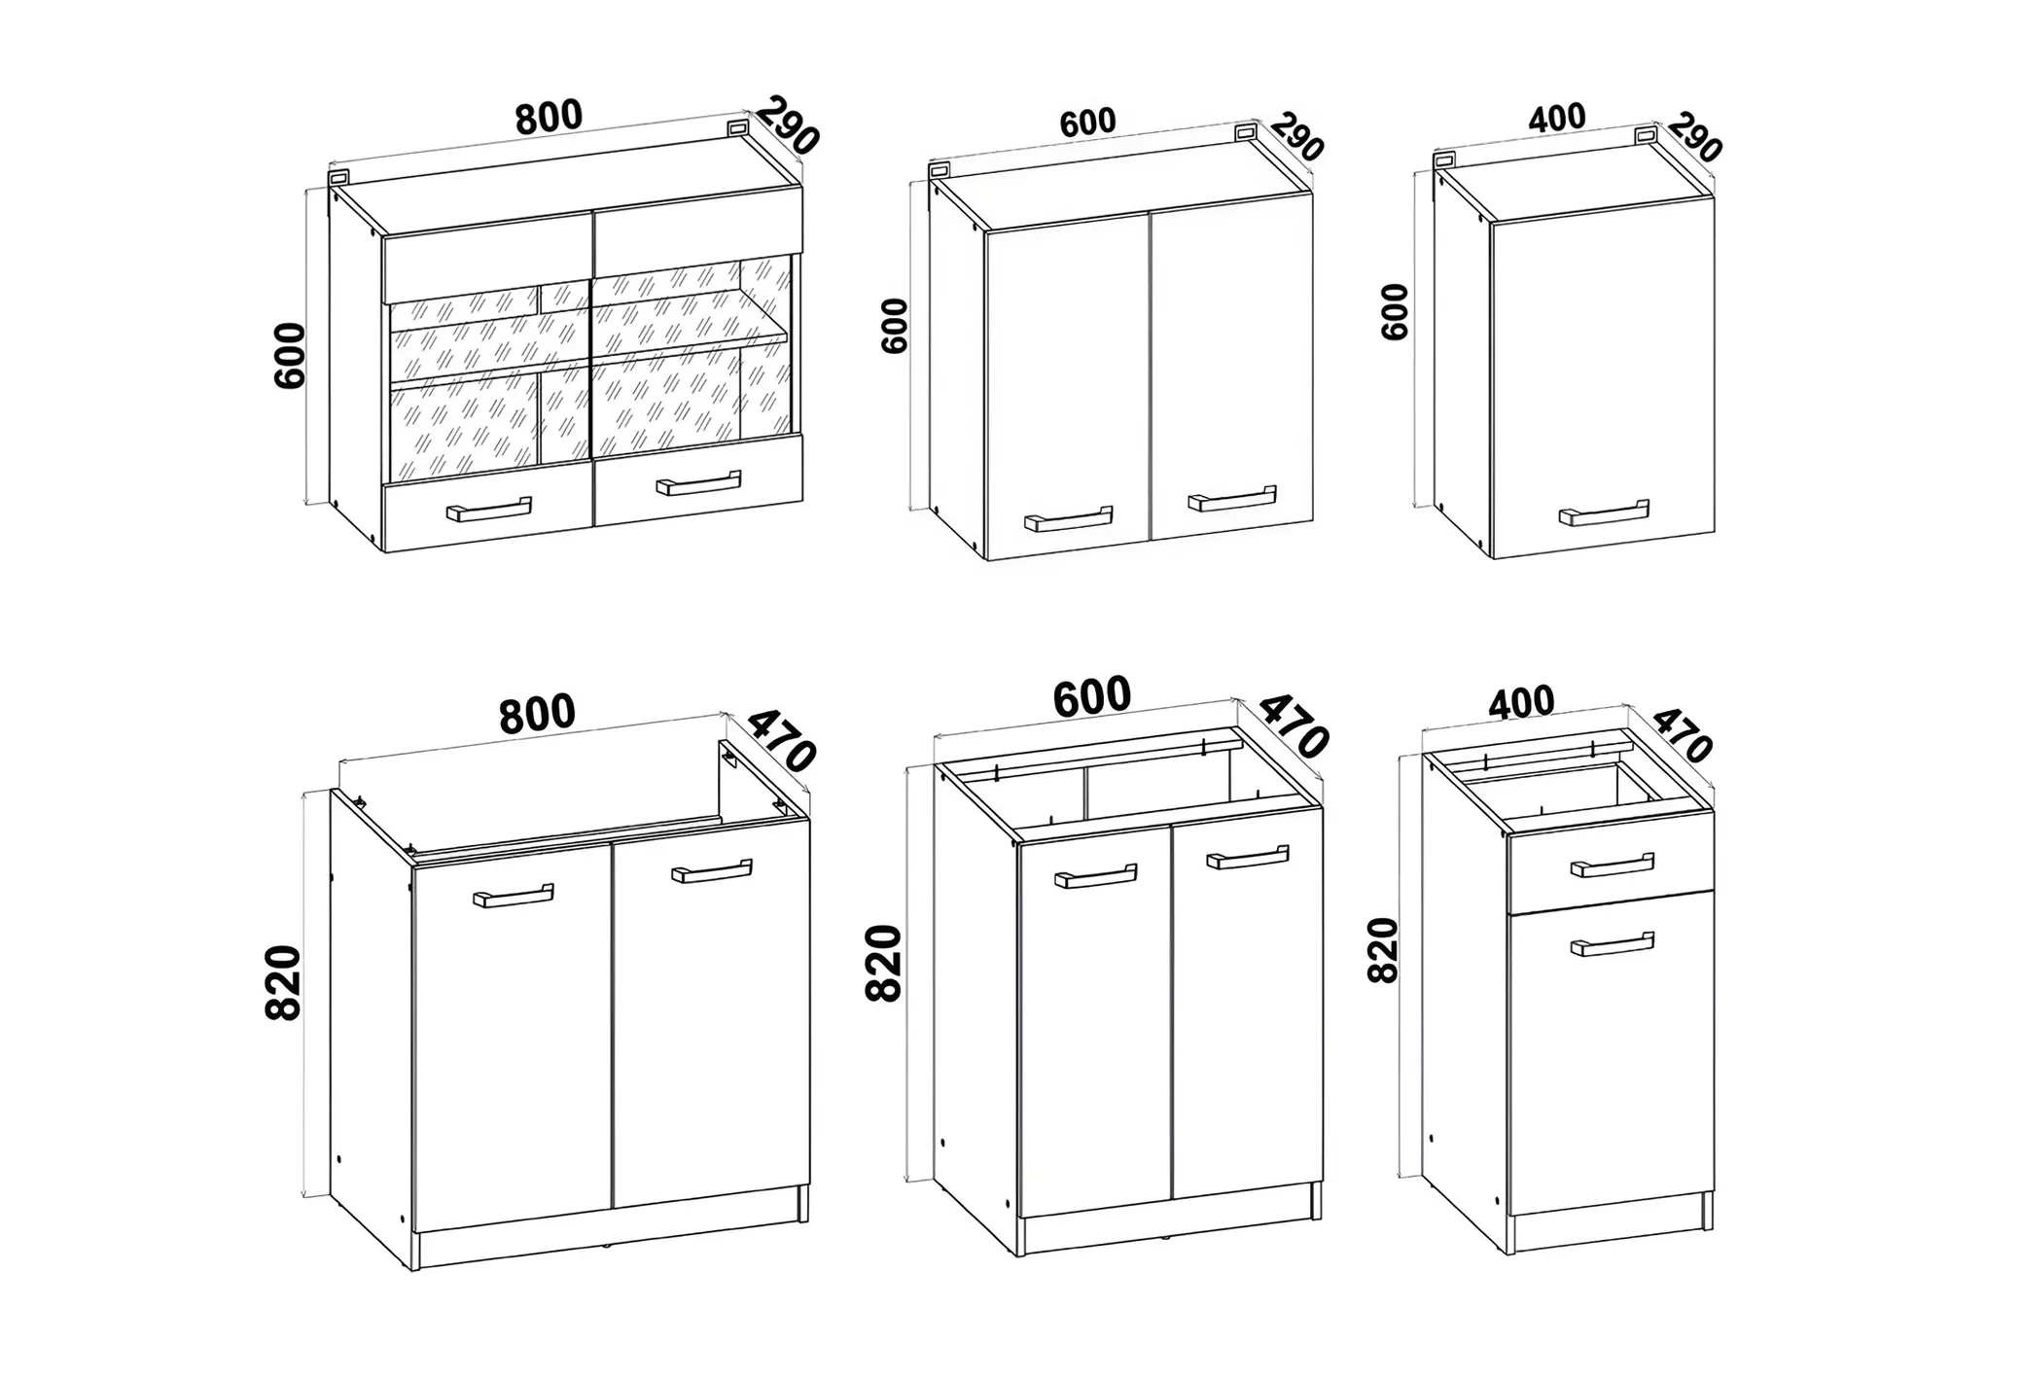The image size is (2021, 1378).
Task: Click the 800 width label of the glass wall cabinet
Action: coord(549,117)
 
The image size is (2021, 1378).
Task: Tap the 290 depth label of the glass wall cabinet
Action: coord(787,125)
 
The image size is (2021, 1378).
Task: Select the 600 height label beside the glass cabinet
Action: coord(290,356)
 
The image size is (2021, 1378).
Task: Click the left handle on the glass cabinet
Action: coord(488,510)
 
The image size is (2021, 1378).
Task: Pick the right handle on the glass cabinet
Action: coord(698,482)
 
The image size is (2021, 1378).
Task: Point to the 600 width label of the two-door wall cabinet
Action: coord(1087,123)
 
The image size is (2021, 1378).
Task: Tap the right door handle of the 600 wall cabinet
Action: coord(1232,498)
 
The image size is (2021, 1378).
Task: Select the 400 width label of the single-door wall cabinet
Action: coord(1557,118)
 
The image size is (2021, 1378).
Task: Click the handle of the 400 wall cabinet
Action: coord(1604,512)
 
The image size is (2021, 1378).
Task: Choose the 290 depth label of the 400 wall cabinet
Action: coord(1695,137)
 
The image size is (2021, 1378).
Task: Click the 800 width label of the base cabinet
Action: coord(537,714)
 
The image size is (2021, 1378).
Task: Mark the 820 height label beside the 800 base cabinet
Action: coord(283,982)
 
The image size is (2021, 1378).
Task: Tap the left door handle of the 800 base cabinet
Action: coord(514,896)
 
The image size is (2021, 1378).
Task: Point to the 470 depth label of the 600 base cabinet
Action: coord(1294,725)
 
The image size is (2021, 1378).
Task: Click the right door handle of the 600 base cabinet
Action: coord(1248,857)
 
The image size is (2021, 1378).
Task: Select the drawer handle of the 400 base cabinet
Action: coord(1613,865)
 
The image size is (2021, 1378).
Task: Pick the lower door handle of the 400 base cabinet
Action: coord(1613,944)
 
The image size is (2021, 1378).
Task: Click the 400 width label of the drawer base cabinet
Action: coord(1521,702)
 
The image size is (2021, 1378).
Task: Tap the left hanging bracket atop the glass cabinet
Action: coord(338,178)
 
